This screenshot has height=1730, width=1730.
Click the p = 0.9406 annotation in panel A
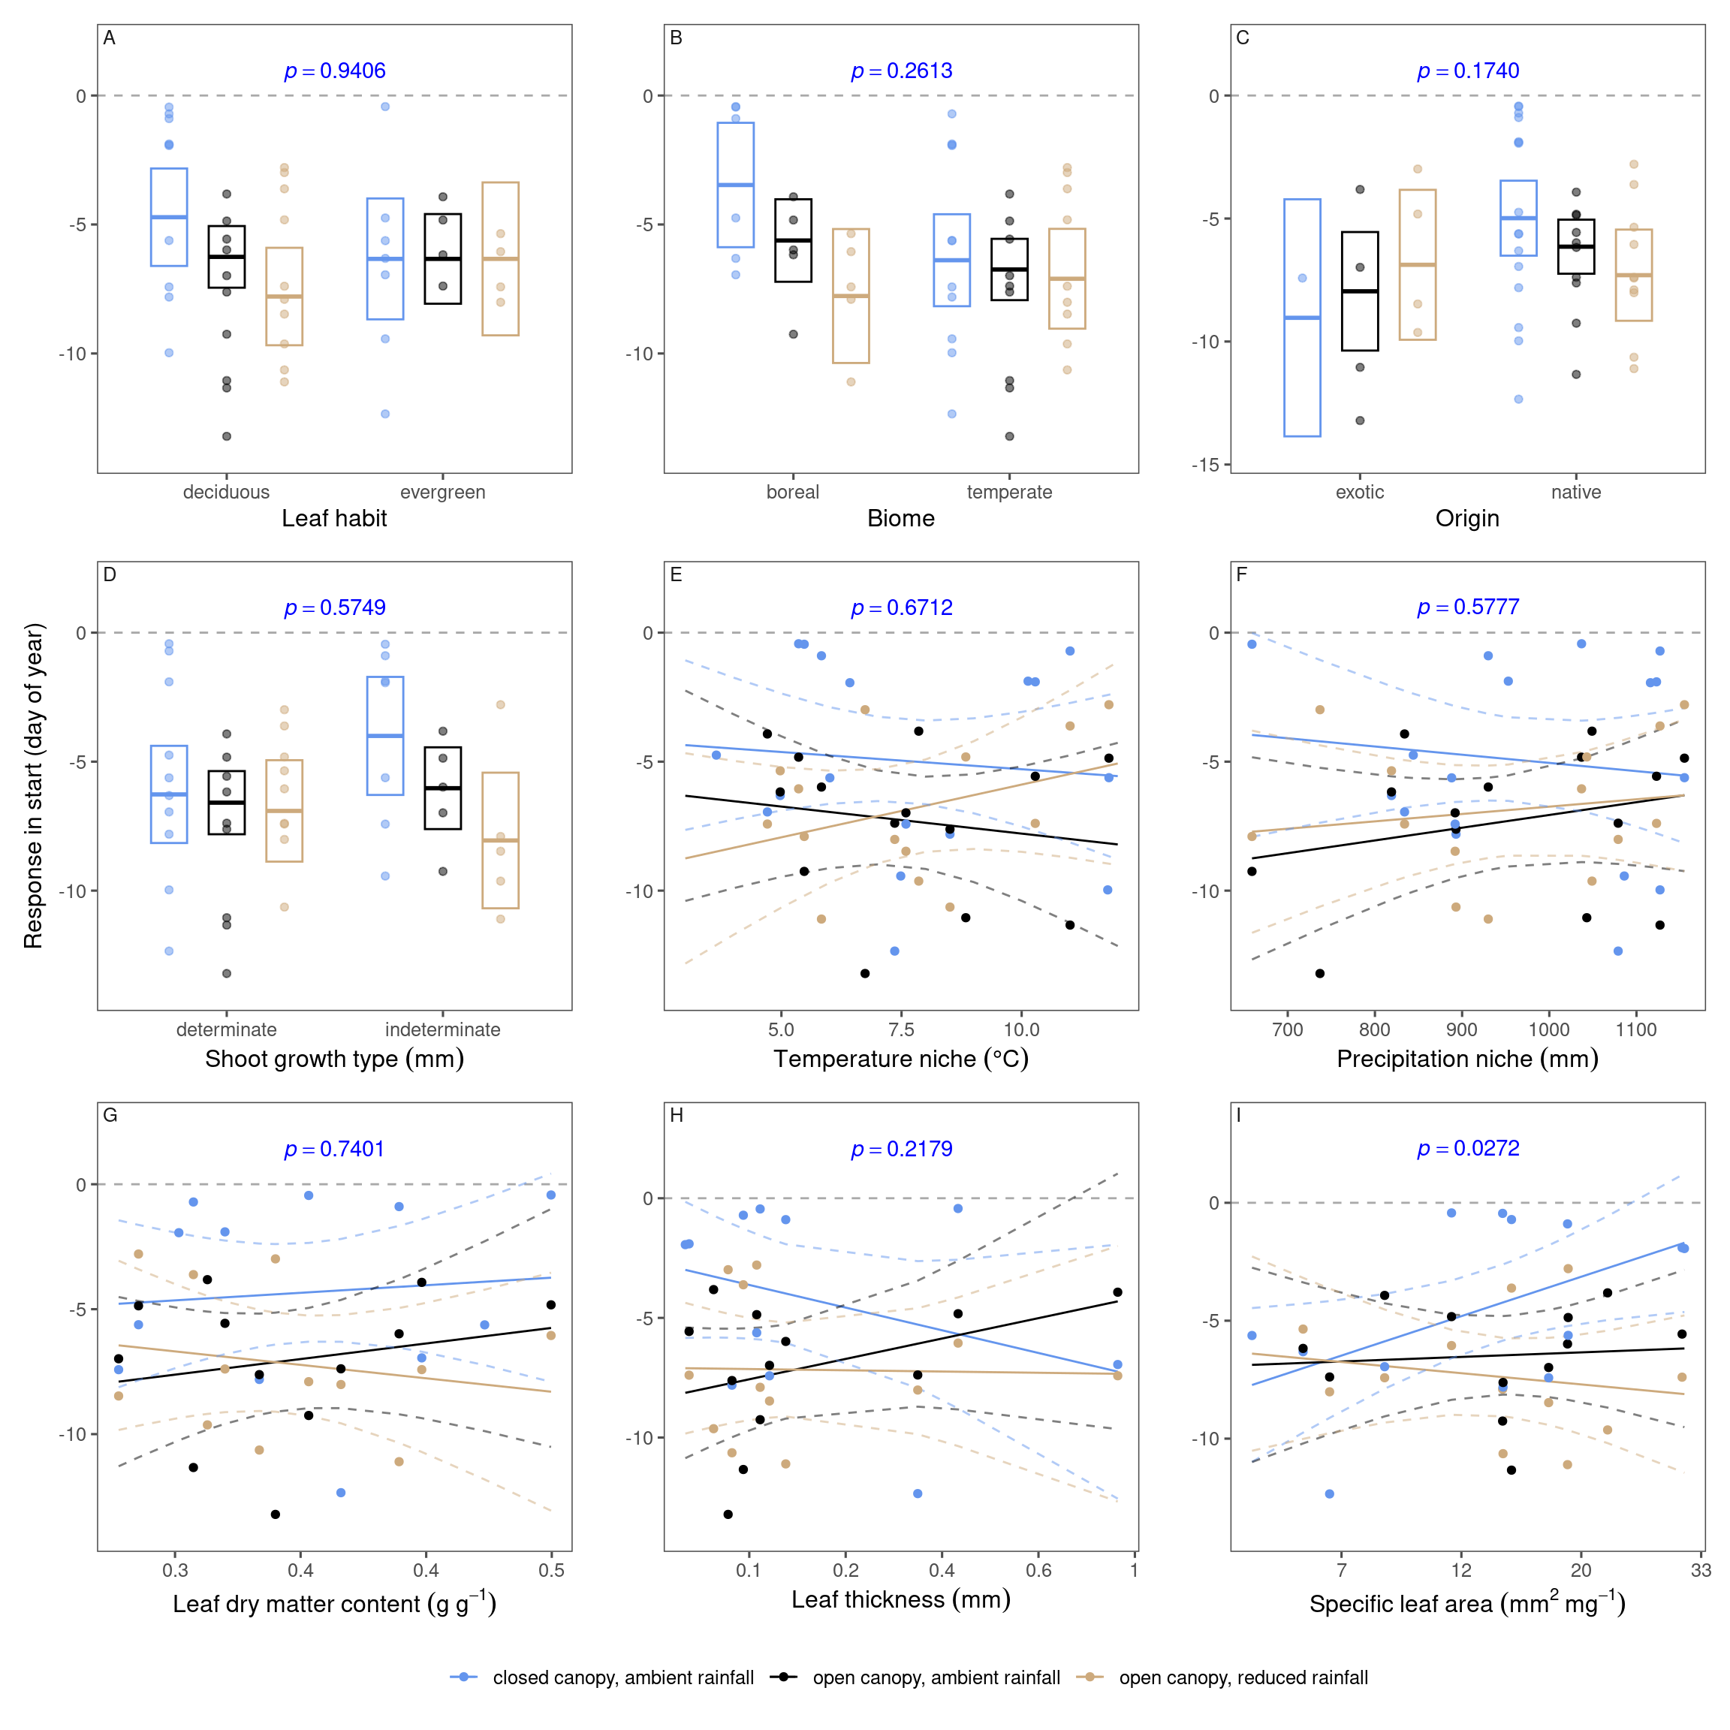click(x=335, y=71)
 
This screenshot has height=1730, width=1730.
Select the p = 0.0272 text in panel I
click(x=1468, y=1148)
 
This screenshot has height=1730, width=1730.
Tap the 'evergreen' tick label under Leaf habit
click(x=442, y=493)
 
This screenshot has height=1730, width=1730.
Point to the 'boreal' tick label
click(x=792, y=493)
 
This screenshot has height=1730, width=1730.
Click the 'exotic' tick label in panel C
click(x=1359, y=493)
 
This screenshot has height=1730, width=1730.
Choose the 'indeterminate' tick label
click(x=442, y=1029)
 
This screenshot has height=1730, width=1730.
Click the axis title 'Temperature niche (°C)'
click(x=901, y=1059)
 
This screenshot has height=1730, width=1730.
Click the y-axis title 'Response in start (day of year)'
click(x=33, y=786)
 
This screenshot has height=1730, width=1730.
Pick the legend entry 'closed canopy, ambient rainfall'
click(x=622, y=1678)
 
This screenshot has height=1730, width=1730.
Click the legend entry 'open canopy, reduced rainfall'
click(x=1243, y=1678)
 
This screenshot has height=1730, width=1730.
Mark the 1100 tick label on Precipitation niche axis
click(x=1636, y=1029)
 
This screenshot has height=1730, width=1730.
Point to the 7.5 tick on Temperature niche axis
click(x=901, y=1029)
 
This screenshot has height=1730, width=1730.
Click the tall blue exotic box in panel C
click(x=1302, y=318)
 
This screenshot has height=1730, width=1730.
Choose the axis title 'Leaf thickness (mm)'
click(x=901, y=1600)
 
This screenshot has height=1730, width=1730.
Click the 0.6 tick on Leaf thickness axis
click(x=1038, y=1571)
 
